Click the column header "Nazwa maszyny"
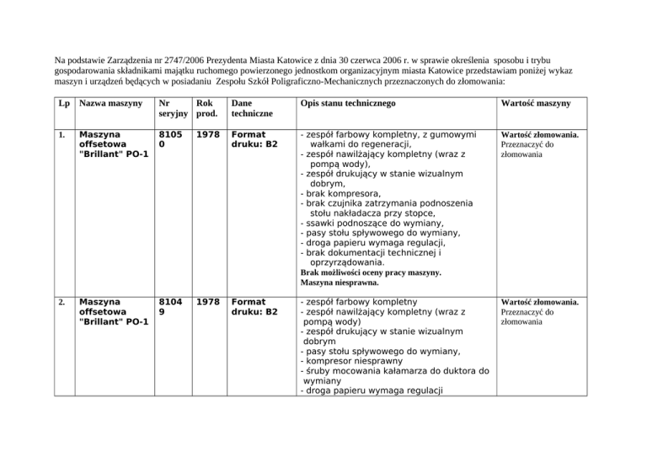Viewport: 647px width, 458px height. click(x=106, y=103)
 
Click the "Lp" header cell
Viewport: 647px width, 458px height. click(x=62, y=103)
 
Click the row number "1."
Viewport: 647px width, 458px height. click(x=61, y=135)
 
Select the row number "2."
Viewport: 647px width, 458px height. click(x=61, y=301)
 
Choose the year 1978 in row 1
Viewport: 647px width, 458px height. click(x=209, y=135)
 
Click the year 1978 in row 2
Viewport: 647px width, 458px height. click(x=209, y=301)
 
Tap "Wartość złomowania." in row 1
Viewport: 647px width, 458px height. click(x=539, y=135)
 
